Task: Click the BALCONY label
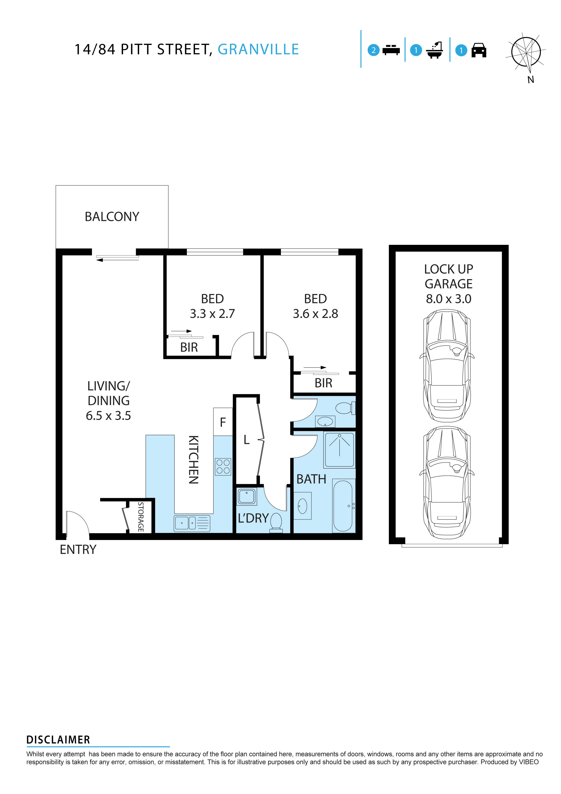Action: coord(112,217)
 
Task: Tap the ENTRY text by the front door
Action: coord(78,550)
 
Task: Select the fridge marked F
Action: coord(223,422)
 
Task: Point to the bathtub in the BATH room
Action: coord(343,506)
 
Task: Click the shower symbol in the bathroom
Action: coord(340,449)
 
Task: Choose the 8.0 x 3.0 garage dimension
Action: coord(448,299)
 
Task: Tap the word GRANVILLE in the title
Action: coord(258,49)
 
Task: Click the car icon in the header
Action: coord(479,50)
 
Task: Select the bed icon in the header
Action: coord(391,50)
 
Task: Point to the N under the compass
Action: coord(531,80)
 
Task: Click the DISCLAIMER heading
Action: coord(58,740)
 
